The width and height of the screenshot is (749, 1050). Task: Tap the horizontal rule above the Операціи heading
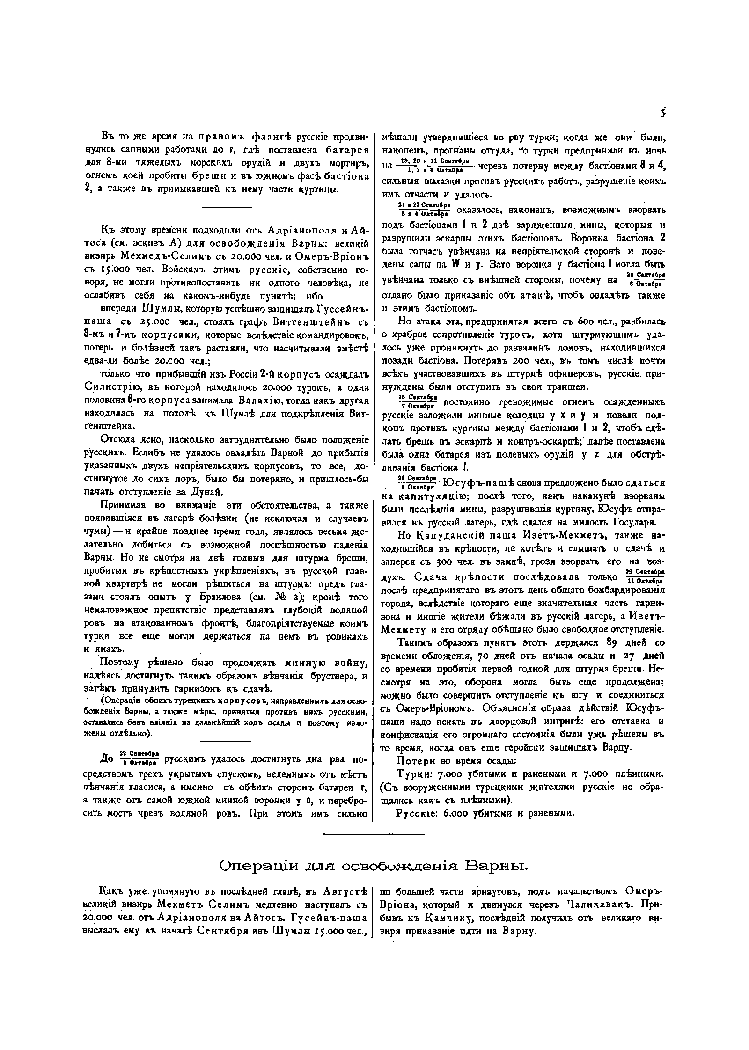(374, 834)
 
